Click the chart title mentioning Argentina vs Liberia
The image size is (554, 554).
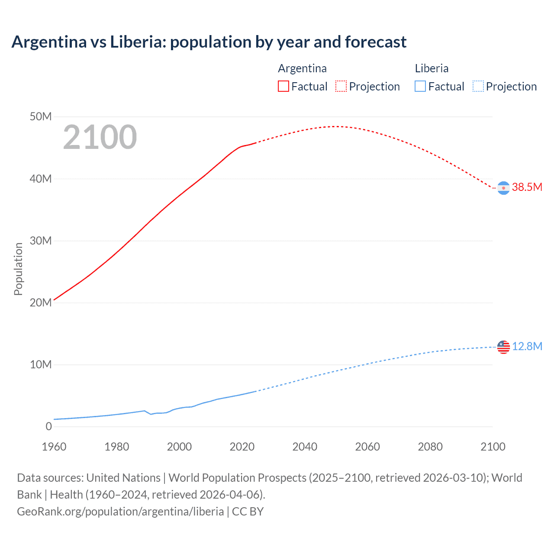click(x=209, y=42)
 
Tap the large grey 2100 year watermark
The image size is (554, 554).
click(x=100, y=137)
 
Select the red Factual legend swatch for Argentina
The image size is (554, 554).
click(x=283, y=87)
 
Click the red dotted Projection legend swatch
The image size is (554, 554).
click(x=341, y=87)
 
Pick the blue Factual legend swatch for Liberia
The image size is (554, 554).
click(x=420, y=87)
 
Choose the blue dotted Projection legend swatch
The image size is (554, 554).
click(x=478, y=87)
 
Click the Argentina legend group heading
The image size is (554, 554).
click(x=302, y=68)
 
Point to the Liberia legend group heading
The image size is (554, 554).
click(x=432, y=68)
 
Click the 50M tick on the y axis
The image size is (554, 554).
click(x=41, y=117)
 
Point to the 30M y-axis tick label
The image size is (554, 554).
click(x=41, y=241)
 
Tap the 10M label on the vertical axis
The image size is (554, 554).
click(x=41, y=364)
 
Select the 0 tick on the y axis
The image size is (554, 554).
click(x=48, y=426)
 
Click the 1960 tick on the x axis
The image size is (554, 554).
click(x=54, y=447)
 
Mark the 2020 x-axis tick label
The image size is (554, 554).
click(x=242, y=447)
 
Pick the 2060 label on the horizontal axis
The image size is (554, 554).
click(x=367, y=447)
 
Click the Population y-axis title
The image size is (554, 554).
click(x=18, y=269)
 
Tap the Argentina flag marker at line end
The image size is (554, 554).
click(x=503, y=188)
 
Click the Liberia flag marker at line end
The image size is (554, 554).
click(x=503, y=347)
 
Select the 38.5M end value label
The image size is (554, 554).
click(x=527, y=187)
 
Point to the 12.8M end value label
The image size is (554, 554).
click(x=527, y=346)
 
